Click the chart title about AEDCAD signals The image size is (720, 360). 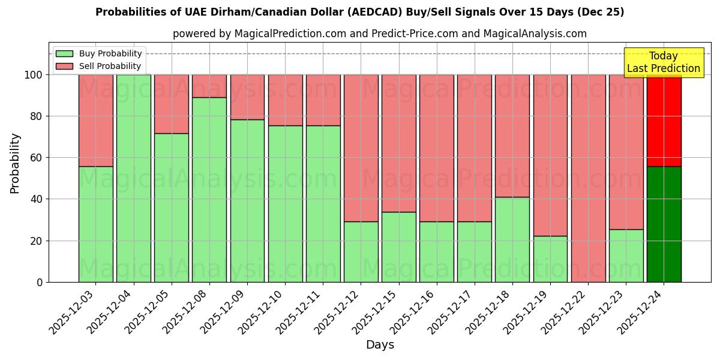[359, 12]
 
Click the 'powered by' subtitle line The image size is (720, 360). [379, 34]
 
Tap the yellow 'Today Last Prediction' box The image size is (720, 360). [663, 62]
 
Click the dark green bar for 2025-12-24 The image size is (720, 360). [664, 224]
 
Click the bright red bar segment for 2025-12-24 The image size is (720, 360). [664, 120]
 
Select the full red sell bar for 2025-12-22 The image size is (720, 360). [588, 178]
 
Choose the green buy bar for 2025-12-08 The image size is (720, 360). [209, 190]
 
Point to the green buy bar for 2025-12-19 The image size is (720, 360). [550, 259]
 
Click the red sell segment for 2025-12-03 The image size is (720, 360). [95, 120]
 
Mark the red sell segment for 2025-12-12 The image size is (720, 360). [361, 148]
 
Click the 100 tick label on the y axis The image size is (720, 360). [34, 75]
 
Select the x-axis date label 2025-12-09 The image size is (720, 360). [221, 313]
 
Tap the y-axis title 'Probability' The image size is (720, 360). [15, 163]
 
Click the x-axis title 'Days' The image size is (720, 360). [380, 345]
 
